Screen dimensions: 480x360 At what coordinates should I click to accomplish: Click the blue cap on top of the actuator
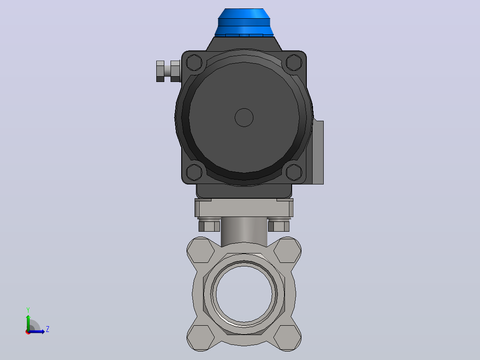click(x=244, y=23)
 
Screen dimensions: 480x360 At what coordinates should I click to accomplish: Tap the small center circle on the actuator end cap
click(x=244, y=117)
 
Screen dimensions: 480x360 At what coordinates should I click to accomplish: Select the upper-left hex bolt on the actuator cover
click(x=194, y=62)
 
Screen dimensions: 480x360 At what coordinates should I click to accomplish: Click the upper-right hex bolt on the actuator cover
click(x=294, y=62)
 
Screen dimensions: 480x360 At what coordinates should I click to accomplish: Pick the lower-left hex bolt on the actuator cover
click(x=194, y=172)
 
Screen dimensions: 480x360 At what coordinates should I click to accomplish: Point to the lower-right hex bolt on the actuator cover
click(x=294, y=172)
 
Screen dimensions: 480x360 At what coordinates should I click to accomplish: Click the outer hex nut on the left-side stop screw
click(x=160, y=71)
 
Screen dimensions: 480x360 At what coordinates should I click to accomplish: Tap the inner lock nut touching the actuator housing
click(x=175, y=71)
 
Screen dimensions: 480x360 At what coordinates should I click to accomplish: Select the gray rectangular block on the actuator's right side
click(x=318, y=152)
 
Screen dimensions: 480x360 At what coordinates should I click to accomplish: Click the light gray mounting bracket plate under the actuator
click(x=244, y=208)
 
